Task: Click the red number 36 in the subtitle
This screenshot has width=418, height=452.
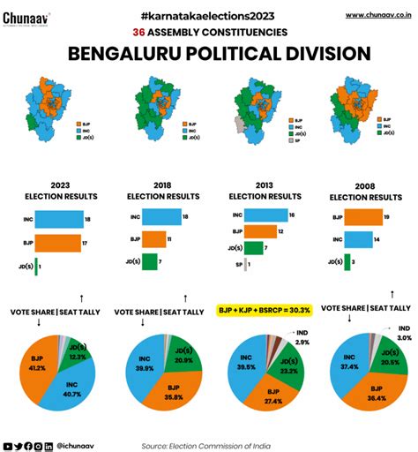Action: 139,32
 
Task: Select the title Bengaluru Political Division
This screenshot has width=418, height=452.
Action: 208,54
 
